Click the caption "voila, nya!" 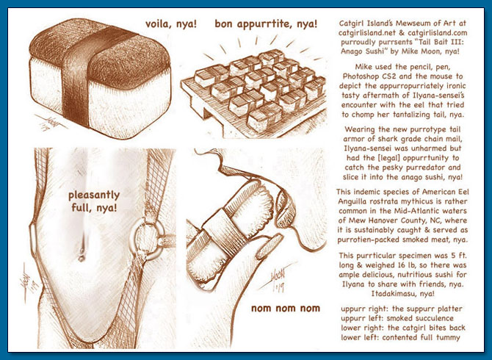point(171,24)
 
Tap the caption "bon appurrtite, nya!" point(266,24)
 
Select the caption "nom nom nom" point(286,309)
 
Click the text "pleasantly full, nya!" point(94,201)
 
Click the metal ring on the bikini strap point(148,240)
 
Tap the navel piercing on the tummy point(82,254)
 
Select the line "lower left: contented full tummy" point(401,337)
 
